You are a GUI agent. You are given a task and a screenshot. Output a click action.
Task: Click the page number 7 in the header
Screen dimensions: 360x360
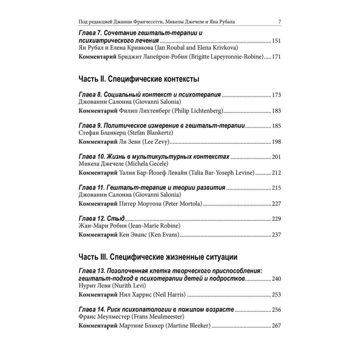click(x=280, y=22)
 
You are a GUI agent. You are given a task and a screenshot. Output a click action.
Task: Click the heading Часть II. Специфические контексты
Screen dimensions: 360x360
click(x=139, y=79)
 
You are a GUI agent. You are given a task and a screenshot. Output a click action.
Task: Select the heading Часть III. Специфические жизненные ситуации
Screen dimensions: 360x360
click(x=158, y=257)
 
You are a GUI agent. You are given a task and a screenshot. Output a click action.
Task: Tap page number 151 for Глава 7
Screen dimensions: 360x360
click(x=276, y=41)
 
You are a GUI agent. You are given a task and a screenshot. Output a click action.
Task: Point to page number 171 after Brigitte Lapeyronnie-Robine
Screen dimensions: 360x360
click(x=276, y=57)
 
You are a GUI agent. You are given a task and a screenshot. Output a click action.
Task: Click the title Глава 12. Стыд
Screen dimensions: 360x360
click(x=102, y=219)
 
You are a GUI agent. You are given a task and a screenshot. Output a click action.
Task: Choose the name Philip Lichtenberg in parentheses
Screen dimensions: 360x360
click(x=197, y=111)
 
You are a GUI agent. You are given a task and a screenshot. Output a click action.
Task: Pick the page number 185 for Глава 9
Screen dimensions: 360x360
click(x=276, y=126)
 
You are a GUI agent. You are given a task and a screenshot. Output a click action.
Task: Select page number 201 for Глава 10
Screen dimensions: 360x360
click(x=276, y=157)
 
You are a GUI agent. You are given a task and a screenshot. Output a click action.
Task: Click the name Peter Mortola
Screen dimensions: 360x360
click(x=183, y=204)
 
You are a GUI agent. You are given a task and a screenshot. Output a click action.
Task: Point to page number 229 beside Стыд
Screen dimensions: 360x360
click(x=276, y=219)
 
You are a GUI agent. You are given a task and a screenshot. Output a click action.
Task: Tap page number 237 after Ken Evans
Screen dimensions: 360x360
click(x=276, y=235)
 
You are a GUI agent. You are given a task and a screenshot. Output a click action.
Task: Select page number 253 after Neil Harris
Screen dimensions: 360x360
click(x=276, y=295)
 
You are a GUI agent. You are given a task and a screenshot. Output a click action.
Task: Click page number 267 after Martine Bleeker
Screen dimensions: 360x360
click(x=276, y=326)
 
